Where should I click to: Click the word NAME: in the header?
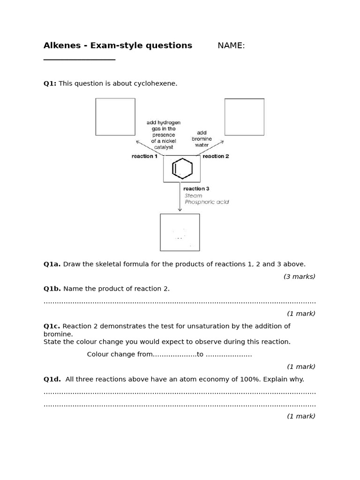(x=231, y=45)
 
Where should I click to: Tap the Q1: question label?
(x=50, y=83)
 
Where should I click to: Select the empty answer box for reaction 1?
(x=115, y=117)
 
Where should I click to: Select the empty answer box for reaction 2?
(x=244, y=117)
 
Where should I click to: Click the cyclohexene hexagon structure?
(x=182, y=169)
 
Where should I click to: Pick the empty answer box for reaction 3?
(x=180, y=232)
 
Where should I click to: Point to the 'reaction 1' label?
(x=144, y=156)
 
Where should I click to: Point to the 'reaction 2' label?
(x=216, y=156)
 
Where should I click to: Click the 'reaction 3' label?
(x=196, y=189)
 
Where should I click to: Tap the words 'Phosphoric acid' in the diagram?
(x=207, y=202)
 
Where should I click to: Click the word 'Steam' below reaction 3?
(x=194, y=195)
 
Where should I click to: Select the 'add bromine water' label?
(x=202, y=139)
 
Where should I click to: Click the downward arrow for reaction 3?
(x=180, y=197)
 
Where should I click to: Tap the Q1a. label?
(x=52, y=264)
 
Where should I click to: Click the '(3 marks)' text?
(x=299, y=277)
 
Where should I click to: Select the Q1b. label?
(x=52, y=289)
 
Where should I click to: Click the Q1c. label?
(x=52, y=326)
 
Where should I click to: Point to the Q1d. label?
(x=52, y=379)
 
